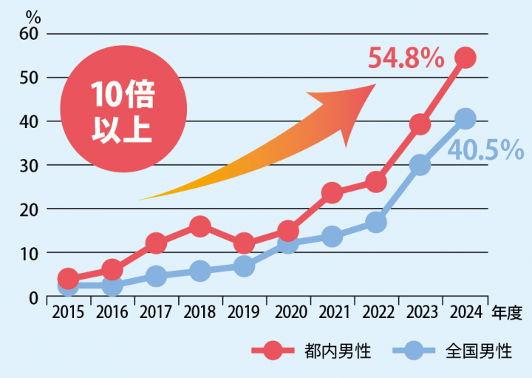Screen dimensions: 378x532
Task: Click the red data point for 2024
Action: click(465, 58)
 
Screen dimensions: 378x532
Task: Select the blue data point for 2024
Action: click(465, 118)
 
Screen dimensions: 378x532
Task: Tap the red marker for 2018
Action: click(199, 226)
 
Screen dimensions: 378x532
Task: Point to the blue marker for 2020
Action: click(287, 244)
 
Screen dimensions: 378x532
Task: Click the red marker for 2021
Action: click(332, 193)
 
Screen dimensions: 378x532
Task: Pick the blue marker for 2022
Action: click(376, 222)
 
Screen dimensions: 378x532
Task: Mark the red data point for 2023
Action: click(420, 124)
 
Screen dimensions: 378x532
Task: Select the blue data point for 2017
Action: click(155, 276)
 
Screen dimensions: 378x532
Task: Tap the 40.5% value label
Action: click(486, 150)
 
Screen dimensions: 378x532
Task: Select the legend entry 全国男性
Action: click(457, 351)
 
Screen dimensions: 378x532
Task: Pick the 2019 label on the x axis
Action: click(243, 312)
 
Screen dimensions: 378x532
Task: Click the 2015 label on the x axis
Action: click(67, 312)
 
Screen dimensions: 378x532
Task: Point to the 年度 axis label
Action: click(507, 312)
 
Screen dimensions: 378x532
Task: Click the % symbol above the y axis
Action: click(32, 15)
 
